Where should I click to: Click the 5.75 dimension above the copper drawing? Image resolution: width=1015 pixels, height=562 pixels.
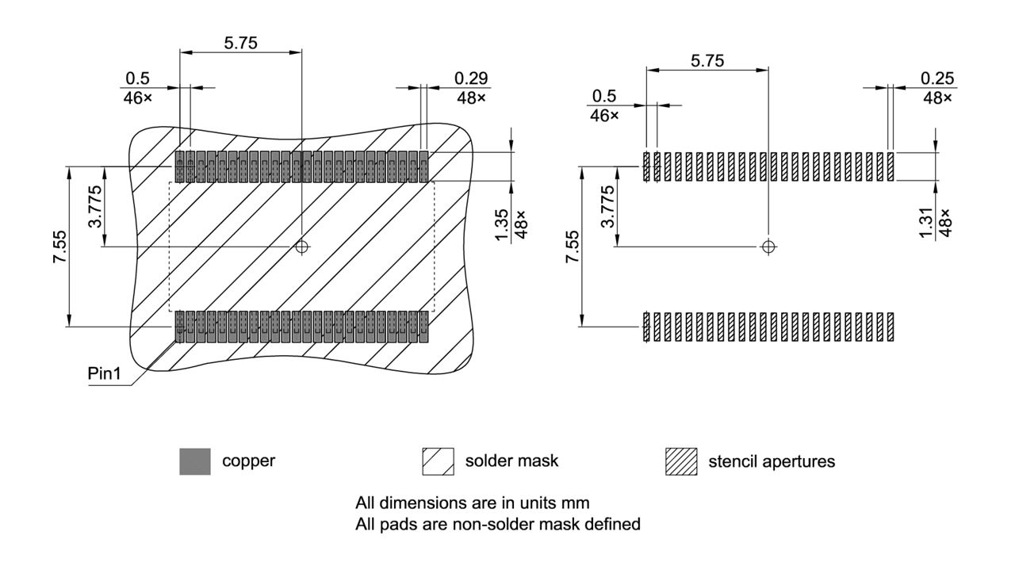pos(240,44)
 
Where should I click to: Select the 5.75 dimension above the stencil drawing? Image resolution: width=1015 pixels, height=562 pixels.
pos(707,61)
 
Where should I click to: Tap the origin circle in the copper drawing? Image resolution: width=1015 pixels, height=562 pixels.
pos(301,247)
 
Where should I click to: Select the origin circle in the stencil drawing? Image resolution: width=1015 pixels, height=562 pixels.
pos(768,247)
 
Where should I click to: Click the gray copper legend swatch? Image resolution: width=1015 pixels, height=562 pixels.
pos(195,461)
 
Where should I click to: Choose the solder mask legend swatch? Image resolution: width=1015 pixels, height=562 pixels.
pos(439,461)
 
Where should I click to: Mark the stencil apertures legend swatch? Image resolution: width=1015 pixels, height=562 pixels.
pos(682,461)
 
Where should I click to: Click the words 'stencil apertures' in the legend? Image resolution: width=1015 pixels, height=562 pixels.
pos(771,461)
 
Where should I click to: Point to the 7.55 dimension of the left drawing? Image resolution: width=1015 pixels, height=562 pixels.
pos(59,247)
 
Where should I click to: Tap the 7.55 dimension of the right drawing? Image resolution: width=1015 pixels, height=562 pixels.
pos(572,247)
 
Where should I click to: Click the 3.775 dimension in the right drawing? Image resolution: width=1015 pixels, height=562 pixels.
pos(607,208)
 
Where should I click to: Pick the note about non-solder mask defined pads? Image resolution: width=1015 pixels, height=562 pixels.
pos(497,524)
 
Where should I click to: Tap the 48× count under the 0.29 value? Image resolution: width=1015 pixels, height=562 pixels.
pos(471,97)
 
